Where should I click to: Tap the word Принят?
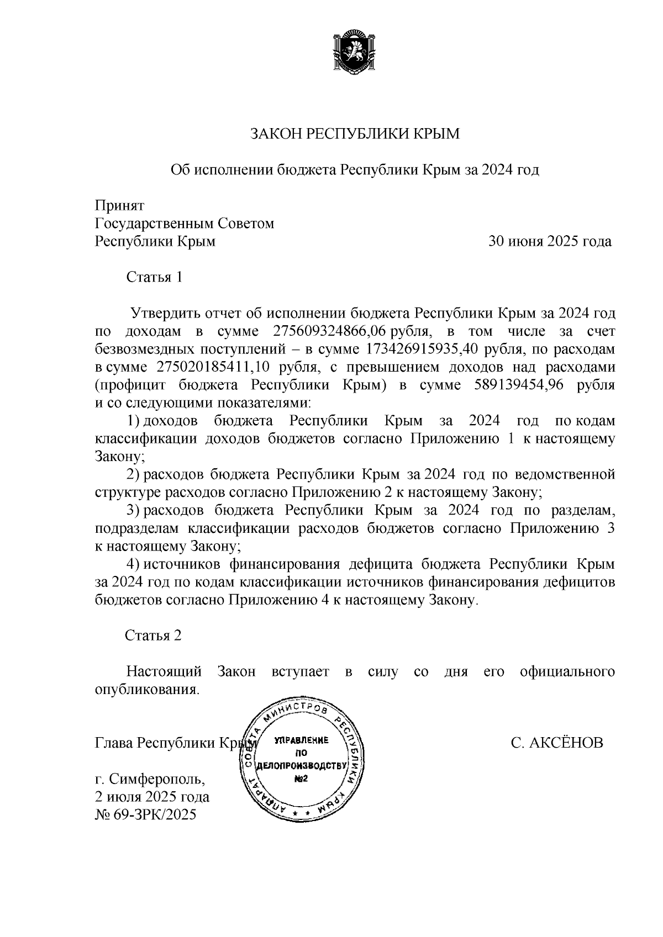119,205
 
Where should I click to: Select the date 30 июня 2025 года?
549,241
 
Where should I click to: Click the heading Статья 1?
154,277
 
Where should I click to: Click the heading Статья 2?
153,636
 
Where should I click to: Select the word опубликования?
146,690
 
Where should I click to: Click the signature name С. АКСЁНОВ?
557,743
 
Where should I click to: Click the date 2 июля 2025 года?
152,797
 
